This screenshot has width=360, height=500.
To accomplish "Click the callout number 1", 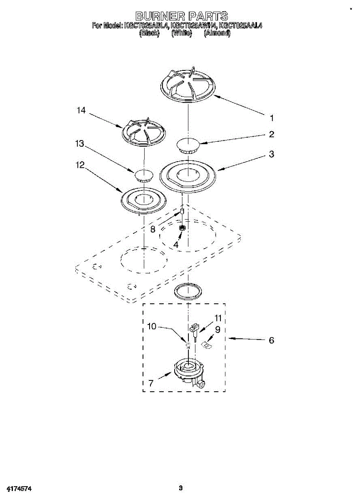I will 272,118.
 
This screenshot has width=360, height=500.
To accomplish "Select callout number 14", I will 81,110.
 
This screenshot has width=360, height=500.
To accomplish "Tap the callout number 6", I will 271,340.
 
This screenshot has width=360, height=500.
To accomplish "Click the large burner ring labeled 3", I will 189,175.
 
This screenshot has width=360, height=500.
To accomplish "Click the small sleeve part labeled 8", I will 182,212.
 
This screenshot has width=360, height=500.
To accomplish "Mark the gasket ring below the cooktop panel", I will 188,291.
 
